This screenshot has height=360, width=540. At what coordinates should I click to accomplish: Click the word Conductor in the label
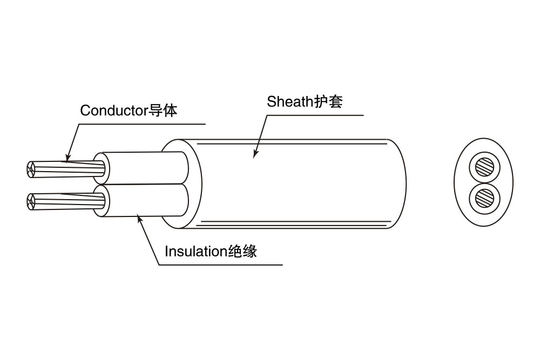tap(114, 111)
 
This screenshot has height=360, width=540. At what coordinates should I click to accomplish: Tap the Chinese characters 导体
tap(163, 111)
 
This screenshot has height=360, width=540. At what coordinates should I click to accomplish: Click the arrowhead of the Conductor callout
tap(66, 159)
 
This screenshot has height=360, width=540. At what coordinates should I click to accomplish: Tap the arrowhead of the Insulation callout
tap(139, 218)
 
